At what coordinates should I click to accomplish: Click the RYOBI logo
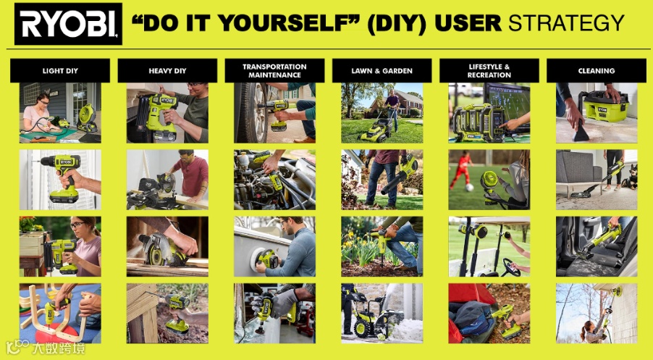[x=68, y=24]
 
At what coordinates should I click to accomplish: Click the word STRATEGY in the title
[x=566, y=23]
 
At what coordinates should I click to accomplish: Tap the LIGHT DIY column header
[x=60, y=70]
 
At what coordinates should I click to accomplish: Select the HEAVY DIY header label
[x=167, y=70]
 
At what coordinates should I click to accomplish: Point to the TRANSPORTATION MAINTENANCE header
[x=274, y=70]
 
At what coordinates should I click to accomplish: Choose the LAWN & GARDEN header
[x=382, y=70]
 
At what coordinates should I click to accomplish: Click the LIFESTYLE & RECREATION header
[x=489, y=70]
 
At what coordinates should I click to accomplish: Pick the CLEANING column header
[x=597, y=70]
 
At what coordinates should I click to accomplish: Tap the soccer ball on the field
[x=469, y=188]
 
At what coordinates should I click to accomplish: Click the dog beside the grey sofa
[x=630, y=177]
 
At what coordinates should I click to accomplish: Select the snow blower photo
[x=382, y=314]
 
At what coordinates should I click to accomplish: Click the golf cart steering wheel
[x=510, y=267]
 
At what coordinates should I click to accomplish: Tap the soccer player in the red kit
[x=461, y=170]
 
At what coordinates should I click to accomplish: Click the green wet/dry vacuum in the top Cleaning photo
[x=602, y=106]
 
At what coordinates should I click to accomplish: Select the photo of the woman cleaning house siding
[x=597, y=314]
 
